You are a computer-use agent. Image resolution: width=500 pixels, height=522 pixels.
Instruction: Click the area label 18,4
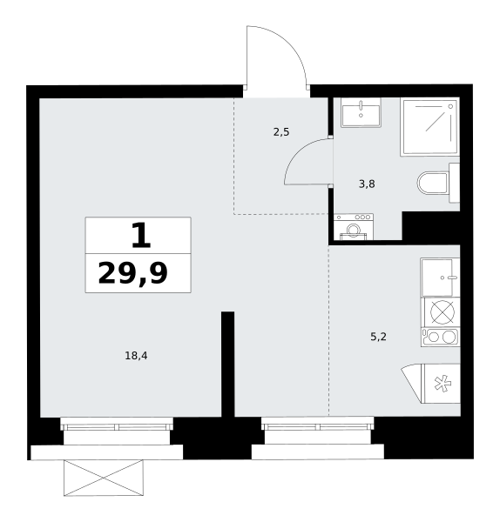click(136, 356)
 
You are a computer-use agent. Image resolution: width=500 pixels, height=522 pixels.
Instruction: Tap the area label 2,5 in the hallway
click(281, 132)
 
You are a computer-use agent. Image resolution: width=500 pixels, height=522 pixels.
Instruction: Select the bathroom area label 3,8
click(367, 184)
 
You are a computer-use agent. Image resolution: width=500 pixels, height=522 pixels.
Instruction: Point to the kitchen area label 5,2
click(378, 337)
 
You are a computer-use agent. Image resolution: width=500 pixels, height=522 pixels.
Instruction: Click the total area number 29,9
click(132, 273)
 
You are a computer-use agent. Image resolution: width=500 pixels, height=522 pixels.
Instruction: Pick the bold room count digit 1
click(141, 236)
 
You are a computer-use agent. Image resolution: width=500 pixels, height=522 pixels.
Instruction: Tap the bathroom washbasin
click(361, 112)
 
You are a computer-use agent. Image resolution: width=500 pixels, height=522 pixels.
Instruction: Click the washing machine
click(354, 227)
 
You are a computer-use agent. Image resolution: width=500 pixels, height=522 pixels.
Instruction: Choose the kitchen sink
click(440, 278)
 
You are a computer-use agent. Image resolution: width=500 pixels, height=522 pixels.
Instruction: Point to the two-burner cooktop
click(440, 338)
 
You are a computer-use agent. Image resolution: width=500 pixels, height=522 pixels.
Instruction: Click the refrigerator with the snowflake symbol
click(441, 384)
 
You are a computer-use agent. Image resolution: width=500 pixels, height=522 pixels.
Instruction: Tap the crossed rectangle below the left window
click(104, 478)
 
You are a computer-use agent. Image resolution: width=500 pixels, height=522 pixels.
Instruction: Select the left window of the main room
click(117, 427)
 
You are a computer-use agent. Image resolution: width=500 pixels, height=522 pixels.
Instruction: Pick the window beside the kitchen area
click(318, 427)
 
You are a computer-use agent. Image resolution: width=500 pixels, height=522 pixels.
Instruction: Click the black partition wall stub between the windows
click(227, 364)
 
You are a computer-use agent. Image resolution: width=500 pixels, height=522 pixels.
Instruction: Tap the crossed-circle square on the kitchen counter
click(441, 312)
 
